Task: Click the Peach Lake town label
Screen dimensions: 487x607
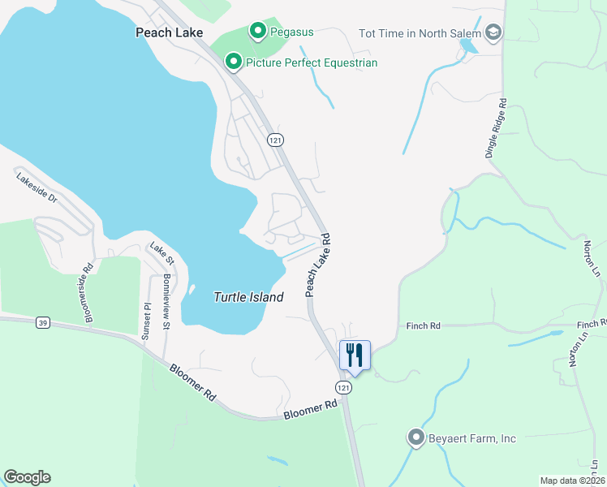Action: point(169,32)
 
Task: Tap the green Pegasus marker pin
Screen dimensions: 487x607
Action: point(258,32)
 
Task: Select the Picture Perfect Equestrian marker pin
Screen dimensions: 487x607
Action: point(234,62)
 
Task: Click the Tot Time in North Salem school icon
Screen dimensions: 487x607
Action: point(492,32)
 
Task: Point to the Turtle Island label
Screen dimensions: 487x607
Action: point(248,297)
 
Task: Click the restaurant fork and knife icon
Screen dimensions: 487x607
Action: point(355,355)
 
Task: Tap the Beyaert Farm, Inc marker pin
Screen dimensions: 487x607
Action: point(416,438)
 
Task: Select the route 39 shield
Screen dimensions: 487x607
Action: point(42,323)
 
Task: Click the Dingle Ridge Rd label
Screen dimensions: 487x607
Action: point(497,129)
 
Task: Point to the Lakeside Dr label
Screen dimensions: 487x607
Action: point(37,187)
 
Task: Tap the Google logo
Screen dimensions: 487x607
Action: point(27,477)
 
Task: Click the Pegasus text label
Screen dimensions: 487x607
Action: point(293,32)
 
